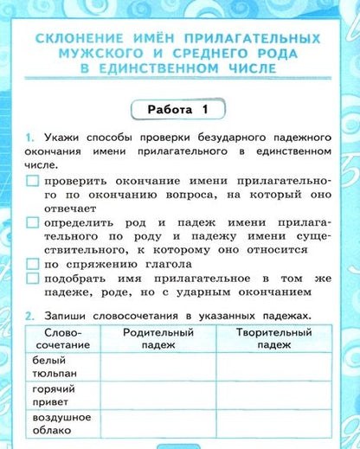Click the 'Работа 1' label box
[180, 110]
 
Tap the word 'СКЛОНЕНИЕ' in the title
[74, 40]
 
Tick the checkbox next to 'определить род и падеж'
[33, 223]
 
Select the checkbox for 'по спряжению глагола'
[33, 263]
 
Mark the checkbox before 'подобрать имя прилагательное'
[33, 279]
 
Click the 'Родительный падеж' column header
[157, 338]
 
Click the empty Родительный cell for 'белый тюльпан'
[157, 367]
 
